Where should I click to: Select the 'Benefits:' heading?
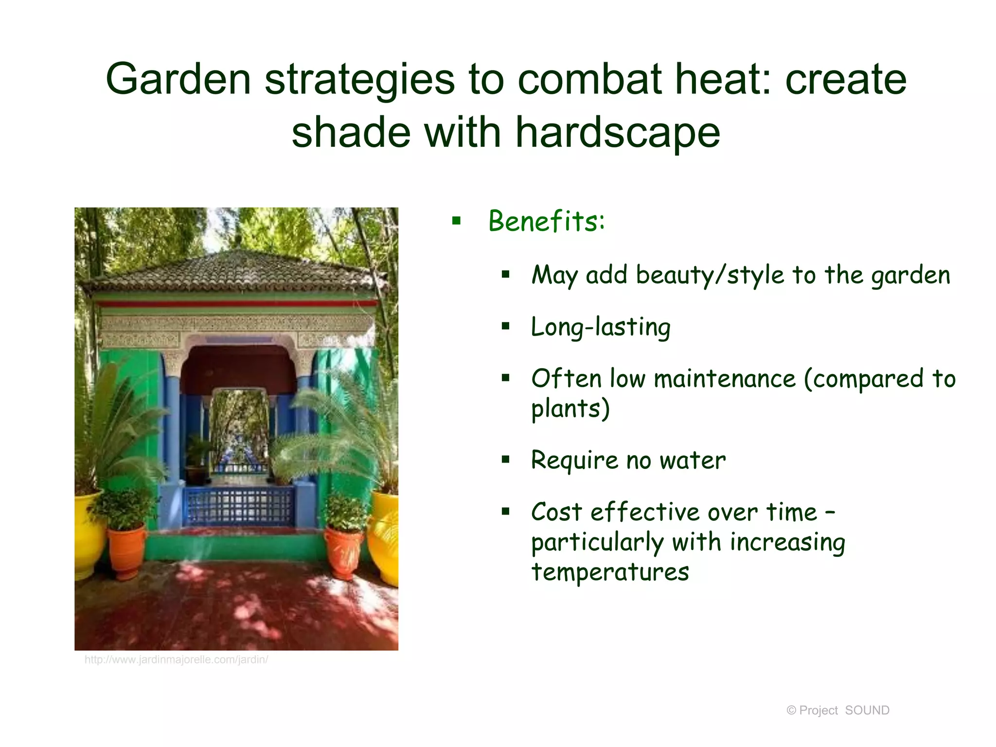547,221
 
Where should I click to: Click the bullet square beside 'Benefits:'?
456,222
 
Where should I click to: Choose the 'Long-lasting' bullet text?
601,327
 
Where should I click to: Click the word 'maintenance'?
725,379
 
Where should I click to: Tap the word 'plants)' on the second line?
570,409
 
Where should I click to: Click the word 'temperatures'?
610,572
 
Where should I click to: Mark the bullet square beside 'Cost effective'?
506,512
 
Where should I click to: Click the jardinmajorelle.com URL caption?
176,660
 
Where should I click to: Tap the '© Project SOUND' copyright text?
837,711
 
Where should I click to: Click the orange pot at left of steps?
126,552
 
